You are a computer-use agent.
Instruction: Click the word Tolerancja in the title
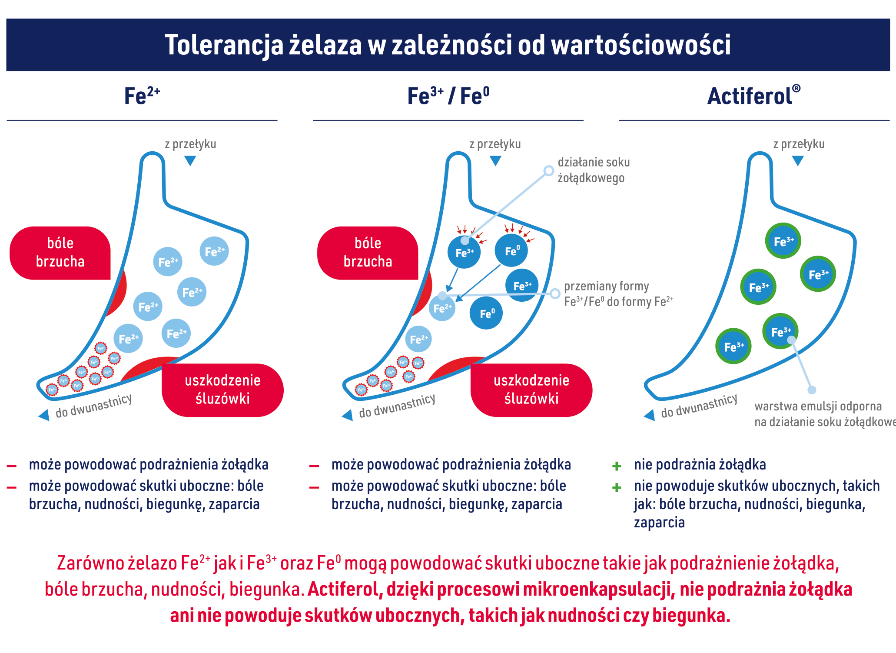tap(223, 45)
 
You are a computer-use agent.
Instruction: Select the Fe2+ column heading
tap(142, 96)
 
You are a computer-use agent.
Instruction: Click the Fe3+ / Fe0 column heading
tap(448, 96)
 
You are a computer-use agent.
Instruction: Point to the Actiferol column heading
tap(750, 96)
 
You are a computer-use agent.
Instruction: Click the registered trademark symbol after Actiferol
tap(796, 89)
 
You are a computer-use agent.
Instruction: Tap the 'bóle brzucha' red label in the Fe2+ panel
tap(60, 253)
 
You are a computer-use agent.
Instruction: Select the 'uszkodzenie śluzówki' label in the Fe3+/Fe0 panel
tap(531, 390)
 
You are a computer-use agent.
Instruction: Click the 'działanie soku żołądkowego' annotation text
tap(593, 170)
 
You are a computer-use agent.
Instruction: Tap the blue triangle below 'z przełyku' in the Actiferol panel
tap(798, 161)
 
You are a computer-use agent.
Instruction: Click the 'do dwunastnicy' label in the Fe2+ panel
tap(93, 406)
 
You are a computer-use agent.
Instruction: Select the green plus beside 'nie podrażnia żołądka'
tap(616, 466)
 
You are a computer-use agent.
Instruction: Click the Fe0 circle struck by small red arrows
tap(511, 250)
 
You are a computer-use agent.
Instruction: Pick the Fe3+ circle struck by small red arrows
tap(464, 252)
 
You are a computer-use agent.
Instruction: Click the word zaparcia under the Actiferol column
tap(659, 522)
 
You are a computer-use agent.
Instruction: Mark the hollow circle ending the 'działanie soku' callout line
tap(549, 170)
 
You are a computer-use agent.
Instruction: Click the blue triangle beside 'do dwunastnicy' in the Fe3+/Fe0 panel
tap(348, 415)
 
